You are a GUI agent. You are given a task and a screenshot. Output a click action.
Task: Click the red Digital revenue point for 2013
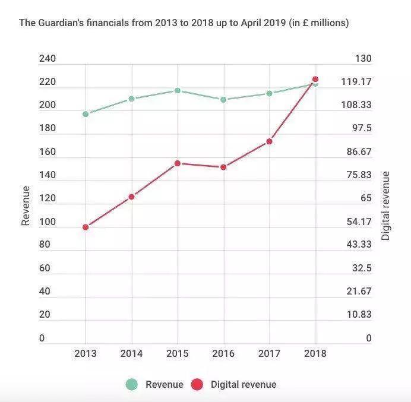coord(86,227)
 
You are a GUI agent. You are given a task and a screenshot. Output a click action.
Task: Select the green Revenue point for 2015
coord(178,90)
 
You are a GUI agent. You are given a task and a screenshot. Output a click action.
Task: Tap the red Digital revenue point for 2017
coord(269,141)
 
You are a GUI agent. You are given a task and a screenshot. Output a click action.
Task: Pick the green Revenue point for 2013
coord(86,114)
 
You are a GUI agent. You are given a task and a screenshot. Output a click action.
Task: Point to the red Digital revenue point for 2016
coord(223,167)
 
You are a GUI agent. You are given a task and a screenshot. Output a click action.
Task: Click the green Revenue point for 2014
coord(131,99)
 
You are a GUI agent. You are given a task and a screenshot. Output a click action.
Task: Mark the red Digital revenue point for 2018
coord(315,79)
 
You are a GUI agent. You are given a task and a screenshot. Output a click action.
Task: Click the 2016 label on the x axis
coord(223,353)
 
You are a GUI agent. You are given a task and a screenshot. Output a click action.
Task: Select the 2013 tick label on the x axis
coord(86,353)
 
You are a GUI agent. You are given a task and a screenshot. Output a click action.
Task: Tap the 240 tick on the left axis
coord(47,59)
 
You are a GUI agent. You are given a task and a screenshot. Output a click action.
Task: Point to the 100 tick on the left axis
coord(47,222)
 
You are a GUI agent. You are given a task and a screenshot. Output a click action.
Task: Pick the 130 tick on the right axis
coord(363,59)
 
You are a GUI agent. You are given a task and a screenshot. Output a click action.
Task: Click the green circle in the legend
coord(132,384)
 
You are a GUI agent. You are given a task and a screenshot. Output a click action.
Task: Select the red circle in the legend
coord(197,384)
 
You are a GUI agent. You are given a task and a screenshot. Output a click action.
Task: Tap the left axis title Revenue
coord(26,205)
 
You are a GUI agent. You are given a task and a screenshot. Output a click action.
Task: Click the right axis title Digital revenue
coord(386,205)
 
